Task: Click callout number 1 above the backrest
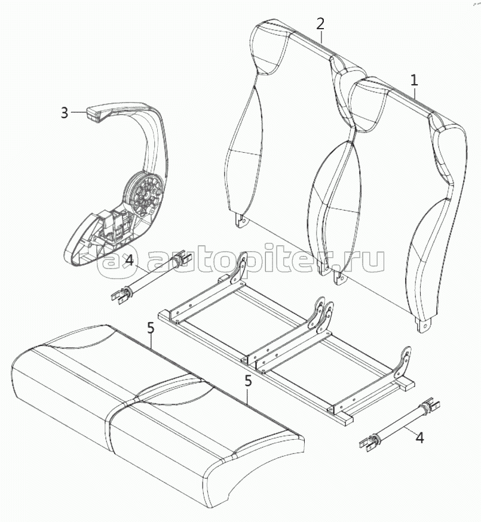(414, 80)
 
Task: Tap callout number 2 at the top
(320, 24)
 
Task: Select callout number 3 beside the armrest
(65, 113)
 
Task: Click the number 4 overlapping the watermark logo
(129, 260)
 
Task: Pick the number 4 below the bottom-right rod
(419, 438)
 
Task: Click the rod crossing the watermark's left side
(151, 277)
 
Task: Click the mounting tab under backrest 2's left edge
(242, 220)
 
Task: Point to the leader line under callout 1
(414, 91)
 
